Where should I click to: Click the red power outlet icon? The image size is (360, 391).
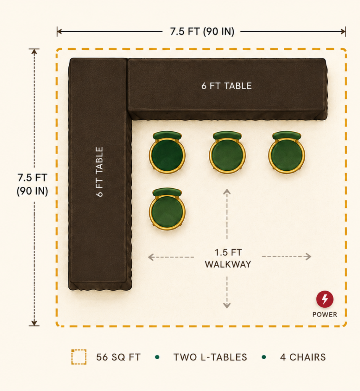[324, 299]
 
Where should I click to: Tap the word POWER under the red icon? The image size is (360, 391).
[324, 315]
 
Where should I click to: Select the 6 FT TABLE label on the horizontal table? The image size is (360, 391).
[226, 86]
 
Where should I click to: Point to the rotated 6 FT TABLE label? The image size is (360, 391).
[99, 172]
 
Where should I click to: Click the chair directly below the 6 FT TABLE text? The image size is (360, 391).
[227, 152]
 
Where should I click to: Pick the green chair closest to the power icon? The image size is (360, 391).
[287, 152]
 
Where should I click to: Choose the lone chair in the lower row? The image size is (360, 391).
[167, 209]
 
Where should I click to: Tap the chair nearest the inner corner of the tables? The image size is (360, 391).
[167, 152]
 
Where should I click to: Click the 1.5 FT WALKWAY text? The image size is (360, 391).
[228, 259]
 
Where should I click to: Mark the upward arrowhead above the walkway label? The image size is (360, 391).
[227, 192]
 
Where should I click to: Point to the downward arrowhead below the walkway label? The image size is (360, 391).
[227, 305]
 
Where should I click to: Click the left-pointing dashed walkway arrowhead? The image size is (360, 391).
[150, 257]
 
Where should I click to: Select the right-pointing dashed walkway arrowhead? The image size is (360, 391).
[308, 257]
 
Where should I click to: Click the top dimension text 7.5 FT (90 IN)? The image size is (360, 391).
[202, 32]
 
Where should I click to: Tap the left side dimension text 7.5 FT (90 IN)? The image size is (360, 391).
[32, 184]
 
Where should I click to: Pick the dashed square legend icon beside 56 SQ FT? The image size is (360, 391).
[79, 357]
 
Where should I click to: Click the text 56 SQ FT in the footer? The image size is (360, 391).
[118, 357]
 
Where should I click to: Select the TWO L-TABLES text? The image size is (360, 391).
[210, 357]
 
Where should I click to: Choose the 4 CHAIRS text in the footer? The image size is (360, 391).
[303, 357]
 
